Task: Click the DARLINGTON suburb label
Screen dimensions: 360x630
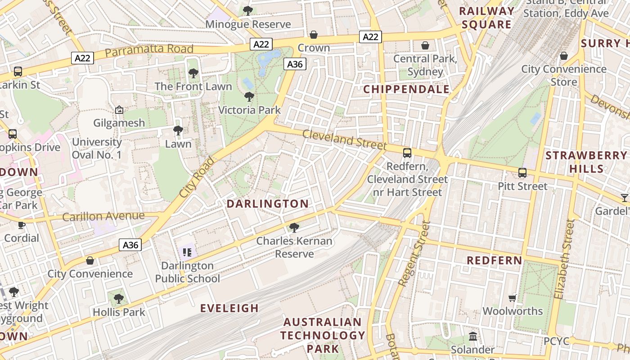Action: click(x=267, y=204)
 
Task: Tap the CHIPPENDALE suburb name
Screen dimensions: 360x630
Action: click(x=406, y=89)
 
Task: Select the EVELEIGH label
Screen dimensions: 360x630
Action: click(x=229, y=308)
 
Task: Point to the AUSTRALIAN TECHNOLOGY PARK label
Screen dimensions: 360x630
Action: click(x=323, y=335)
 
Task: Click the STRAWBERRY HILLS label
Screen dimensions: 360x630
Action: click(x=585, y=162)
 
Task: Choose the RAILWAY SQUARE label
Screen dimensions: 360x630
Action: click(x=486, y=18)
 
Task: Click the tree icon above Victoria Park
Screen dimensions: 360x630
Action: click(x=249, y=96)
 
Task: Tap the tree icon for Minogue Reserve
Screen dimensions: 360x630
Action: click(x=247, y=10)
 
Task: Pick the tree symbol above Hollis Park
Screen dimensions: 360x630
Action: click(x=118, y=298)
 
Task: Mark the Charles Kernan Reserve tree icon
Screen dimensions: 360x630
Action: click(x=294, y=228)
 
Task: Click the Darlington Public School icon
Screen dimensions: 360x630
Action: click(x=187, y=252)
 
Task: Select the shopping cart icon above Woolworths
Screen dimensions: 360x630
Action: click(x=512, y=297)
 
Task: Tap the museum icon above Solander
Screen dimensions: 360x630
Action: click(x=472, y=336)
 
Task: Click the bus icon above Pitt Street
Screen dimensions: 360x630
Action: click(x=522, y=172)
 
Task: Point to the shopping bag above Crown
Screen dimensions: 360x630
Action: click(x=314, y=35)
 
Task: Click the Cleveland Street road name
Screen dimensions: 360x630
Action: click(x=344, y=140)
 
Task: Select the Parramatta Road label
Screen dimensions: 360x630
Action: click(x=149, y=50)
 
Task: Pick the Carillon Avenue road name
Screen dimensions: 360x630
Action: click(x=103, y=216)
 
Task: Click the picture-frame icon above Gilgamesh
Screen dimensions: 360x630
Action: click(x=119, y=109)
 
